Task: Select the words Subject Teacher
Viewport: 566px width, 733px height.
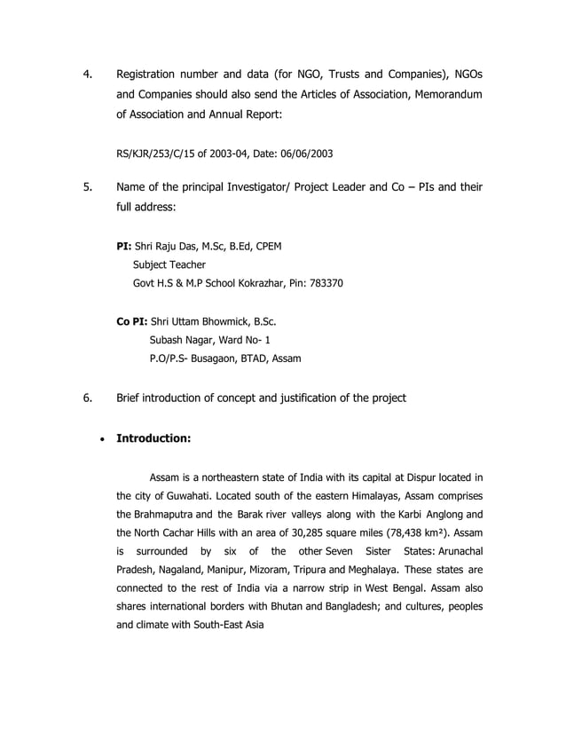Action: [169, 264]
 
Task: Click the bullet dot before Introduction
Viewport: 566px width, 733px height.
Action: [105, 438]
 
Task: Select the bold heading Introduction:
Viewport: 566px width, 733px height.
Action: [154, 437]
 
